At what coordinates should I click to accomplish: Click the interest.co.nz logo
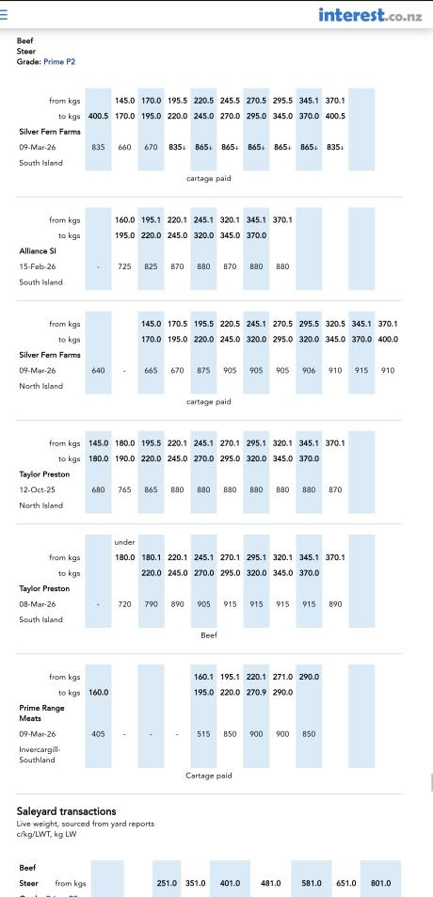click(x=370, y=14)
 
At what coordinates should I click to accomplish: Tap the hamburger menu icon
click(x=3, y=15)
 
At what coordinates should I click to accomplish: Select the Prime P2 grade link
click(x=59, y=62)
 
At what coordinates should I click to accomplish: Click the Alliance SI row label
click(x=37, y=250)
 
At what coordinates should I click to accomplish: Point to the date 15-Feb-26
click(x=37, y=266)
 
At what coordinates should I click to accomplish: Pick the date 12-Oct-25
click(x=37, y=489)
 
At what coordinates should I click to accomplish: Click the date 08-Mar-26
click(x=38, y=604)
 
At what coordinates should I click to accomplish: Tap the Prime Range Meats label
click(x=41, y=713)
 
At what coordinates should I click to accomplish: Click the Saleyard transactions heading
click(x=66, y=811)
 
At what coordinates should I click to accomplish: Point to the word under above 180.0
click(x=124, y=542)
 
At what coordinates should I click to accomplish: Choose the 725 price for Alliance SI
click(x=124, y=266)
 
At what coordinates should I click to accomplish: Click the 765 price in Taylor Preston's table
click(x=124, y=489)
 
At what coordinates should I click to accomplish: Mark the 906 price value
click(x=309, y=371)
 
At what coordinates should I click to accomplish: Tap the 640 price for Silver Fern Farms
click(x=99, y=371)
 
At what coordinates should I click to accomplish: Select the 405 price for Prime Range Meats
click(x=99, y=734)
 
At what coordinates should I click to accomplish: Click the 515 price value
click(x=203, y=734)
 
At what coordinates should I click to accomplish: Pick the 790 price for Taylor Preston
click(x=151, y=604)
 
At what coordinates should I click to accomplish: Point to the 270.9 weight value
click(x=256, y=693)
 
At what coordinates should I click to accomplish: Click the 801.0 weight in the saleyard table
click(x=381, y=883)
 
